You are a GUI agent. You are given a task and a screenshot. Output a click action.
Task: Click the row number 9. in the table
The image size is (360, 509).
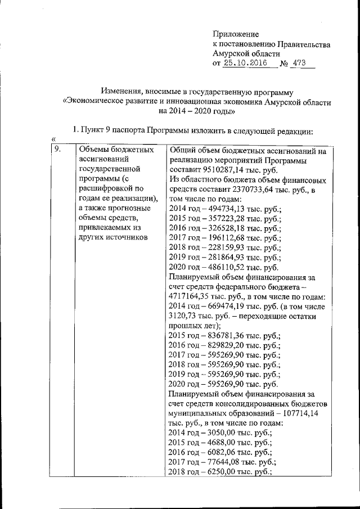point(57,150)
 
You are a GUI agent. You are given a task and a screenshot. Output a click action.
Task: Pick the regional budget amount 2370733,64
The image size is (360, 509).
point(261,190)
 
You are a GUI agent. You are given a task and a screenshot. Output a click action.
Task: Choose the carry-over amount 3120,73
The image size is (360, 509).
point(183,316)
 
